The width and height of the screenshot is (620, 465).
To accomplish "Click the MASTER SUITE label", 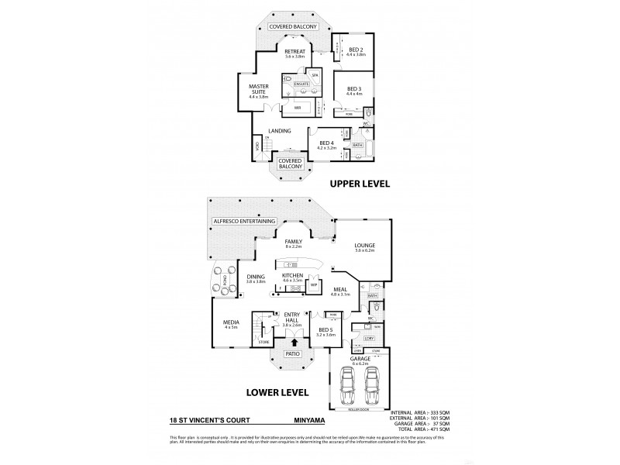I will (258, 91).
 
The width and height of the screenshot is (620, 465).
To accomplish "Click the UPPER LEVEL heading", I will (358, 184).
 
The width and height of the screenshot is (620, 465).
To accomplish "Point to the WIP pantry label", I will (315, 285).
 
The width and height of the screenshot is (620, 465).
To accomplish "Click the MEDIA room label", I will (232, 323).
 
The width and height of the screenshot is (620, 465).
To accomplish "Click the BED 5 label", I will (326, 331).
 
